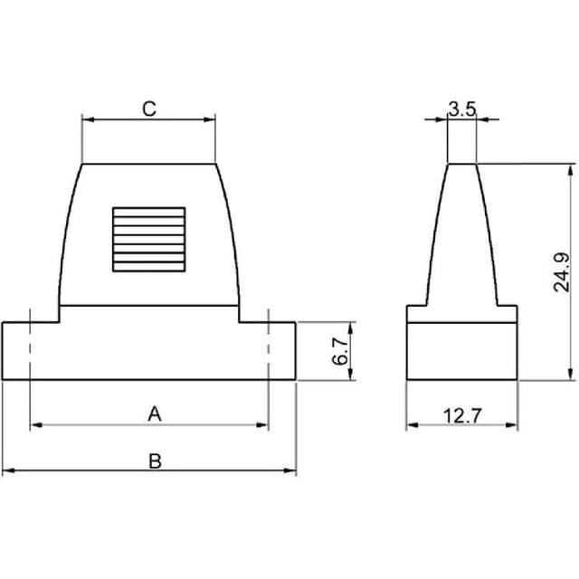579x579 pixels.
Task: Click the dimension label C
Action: [x=149, y=109]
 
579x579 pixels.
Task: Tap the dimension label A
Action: [x=155, y=413]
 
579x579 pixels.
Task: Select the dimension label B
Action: [x=155, y=460]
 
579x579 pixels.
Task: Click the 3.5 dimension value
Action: [x=461, y=109]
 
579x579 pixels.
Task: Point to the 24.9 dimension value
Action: [x=562, y=272]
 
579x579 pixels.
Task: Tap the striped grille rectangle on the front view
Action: [x=148, y=239]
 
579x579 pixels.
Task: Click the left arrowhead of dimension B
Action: [x=6, y=471]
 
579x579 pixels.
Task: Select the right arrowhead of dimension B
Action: [x=291, y=471]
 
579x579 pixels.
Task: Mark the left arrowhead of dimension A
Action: [x=34, y=424]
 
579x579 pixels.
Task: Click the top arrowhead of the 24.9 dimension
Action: [x=571, y=168]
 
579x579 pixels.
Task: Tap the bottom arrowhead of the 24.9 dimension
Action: [x=571, y=375]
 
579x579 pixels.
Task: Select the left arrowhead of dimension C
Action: [x=86, y=119]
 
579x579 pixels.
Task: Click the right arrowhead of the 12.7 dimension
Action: [x=513, y=424]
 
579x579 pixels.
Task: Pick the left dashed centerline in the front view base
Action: [x=30, y=348]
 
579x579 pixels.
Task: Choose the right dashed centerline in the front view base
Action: [x=269, y=348]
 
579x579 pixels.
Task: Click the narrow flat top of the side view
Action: [x=462, y=164]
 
